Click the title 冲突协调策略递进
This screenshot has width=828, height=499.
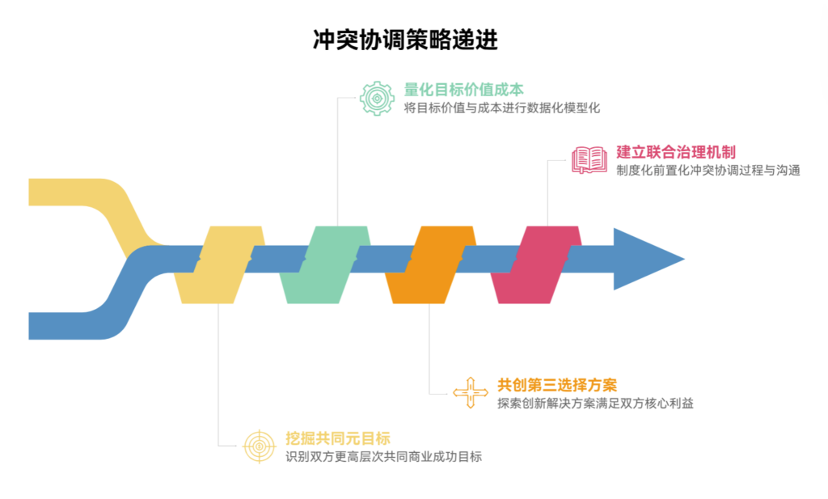[x=405, y=40]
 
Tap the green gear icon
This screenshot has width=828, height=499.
[x=376, y=98]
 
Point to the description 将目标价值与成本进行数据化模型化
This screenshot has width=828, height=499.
[x=502, y=108]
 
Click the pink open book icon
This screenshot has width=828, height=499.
[x=589, y=159]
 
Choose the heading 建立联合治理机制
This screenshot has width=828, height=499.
[x=676, y=151]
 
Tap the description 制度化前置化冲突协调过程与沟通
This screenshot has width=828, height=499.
[x=708, y=171]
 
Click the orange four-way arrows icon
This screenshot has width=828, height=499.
[x=471, y=392]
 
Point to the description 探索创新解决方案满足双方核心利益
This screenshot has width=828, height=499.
[x=595, y=403]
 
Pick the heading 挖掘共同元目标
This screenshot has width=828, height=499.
[x=338, y=438]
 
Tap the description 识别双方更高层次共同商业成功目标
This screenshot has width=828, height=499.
[x=383, y=457]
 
